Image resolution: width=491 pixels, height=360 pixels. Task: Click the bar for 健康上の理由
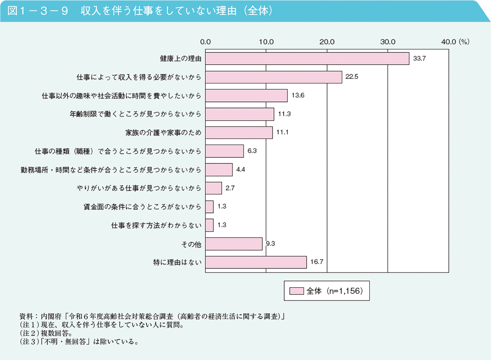307,59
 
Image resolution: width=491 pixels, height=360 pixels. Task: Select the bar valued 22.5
274,77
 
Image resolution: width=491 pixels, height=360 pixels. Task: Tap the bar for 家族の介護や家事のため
239,132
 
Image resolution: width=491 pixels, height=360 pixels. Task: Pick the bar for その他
234,244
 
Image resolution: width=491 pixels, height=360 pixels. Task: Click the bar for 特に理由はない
256,262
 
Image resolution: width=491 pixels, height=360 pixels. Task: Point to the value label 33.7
419,59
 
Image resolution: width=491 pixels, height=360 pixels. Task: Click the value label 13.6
298,96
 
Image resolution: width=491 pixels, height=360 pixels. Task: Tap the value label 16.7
317,262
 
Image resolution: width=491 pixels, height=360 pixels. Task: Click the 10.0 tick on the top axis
266,41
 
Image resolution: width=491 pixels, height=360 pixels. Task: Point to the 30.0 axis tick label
388,41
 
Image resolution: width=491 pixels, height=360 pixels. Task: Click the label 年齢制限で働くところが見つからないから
135,114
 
